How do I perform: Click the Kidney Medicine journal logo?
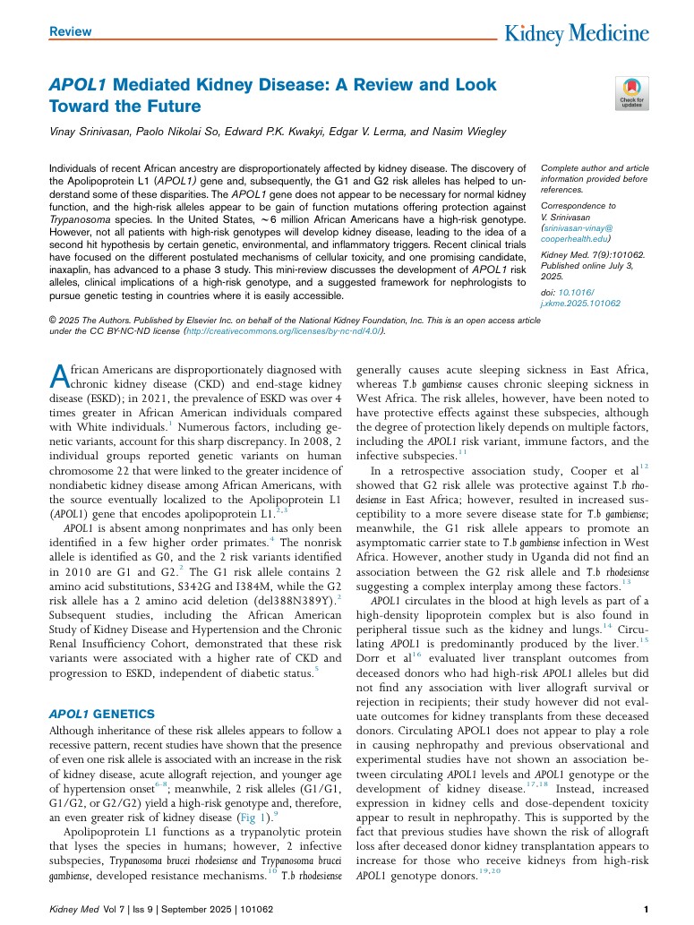(577, 35)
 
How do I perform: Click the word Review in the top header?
(71, 31)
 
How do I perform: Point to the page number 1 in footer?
(646, 910)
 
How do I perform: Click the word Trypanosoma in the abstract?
(79, 218)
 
